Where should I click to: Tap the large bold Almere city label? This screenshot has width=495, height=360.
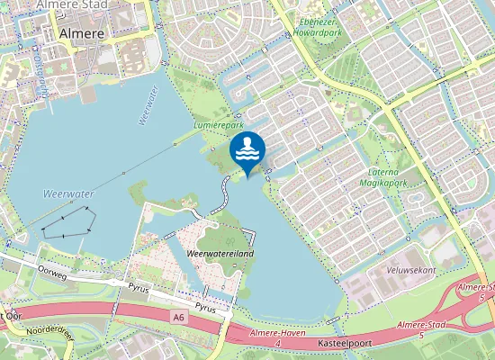pyautogui.click(x=81, y=33)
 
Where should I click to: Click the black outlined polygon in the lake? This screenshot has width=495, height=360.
pyautogui.click(x=68, y=222)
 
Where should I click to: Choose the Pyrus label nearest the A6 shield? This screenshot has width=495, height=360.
pyautogui.click(x=206, y=307)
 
